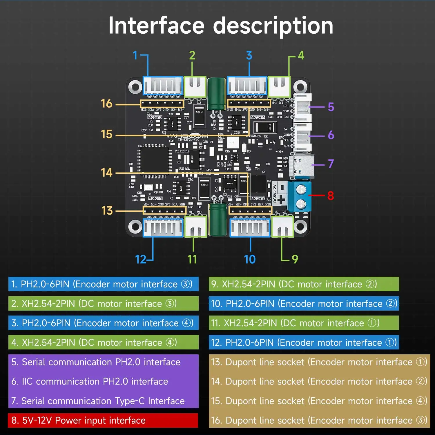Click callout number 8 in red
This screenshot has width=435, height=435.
(x=330, y=195)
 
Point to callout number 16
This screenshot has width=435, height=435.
(x=106, y=104)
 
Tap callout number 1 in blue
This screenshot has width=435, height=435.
(x=135, y=55)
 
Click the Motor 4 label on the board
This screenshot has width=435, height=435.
(x=258, y=117)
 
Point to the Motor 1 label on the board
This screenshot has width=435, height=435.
(x=155, y=198)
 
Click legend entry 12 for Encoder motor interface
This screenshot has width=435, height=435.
(x=304, y=342)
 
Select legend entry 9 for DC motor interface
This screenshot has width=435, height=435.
(x=304, y=284)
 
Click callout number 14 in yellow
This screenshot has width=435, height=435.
(x=106, y=173)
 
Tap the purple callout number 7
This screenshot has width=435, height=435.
(x=331, y=164)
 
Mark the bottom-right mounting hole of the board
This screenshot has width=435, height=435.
(x=300, y=226)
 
